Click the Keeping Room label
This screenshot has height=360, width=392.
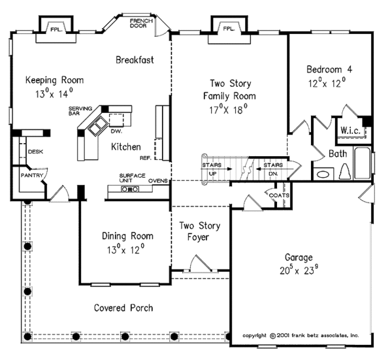(55, 80)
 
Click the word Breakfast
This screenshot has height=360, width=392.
(135, 60)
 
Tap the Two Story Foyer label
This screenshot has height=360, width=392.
(200, 231)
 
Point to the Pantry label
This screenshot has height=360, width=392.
(29, 176)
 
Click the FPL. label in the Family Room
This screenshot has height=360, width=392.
(228, 29)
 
